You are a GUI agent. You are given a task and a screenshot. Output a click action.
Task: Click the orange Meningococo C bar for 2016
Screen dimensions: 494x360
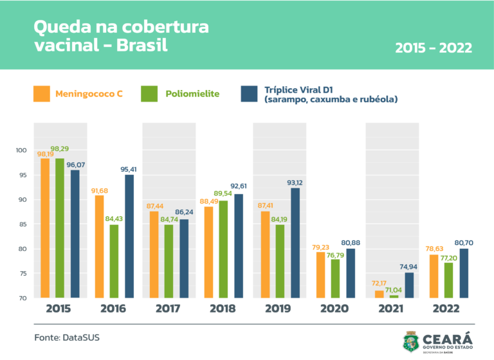[x=99, y=247]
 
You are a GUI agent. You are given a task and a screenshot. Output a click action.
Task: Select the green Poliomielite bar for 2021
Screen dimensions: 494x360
[x=394, y=296]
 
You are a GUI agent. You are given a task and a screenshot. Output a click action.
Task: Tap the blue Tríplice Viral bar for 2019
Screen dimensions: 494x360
[x=295, y=243]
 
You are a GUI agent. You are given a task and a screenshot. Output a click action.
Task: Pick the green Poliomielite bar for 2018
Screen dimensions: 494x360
[x=223, y=249]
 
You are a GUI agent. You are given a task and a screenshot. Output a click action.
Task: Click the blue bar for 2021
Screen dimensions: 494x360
[x=409, y=285]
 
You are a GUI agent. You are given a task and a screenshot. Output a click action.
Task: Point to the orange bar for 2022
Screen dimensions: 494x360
[x=434, y=276]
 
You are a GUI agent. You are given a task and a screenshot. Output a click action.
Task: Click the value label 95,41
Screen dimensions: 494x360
[x=129, y=170]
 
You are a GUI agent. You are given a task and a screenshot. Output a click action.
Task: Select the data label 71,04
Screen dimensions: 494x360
[x=394, y=290]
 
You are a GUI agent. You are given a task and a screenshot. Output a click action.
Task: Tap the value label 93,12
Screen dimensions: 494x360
[x=295, y=183]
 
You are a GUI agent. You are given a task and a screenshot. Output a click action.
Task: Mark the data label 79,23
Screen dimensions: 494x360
[x=320, y=248]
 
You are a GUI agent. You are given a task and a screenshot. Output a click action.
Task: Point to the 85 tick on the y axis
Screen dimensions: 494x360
[x=23, y=224]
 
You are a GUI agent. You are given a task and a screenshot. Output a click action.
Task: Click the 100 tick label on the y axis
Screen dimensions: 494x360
[x=21, y=150]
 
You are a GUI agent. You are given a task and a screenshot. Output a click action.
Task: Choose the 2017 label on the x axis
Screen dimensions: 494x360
[x=168, y=309]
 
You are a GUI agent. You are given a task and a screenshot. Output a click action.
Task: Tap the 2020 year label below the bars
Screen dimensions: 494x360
[x=334, y=309]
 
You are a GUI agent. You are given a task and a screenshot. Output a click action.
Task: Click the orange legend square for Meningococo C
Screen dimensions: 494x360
[x=42, y=94]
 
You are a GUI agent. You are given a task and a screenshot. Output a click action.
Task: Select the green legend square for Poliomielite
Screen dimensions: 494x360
[x=149, y=94]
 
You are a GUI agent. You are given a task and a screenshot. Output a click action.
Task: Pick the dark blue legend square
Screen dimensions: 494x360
[x=249, y=94]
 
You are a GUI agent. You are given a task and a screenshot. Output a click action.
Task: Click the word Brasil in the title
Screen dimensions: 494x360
[x=142, y=45]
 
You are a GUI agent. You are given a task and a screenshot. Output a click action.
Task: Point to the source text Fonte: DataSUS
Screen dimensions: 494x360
[x=67, y=337]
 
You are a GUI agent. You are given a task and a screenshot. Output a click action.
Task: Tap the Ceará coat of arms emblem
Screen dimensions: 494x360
[x=411, y=342]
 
